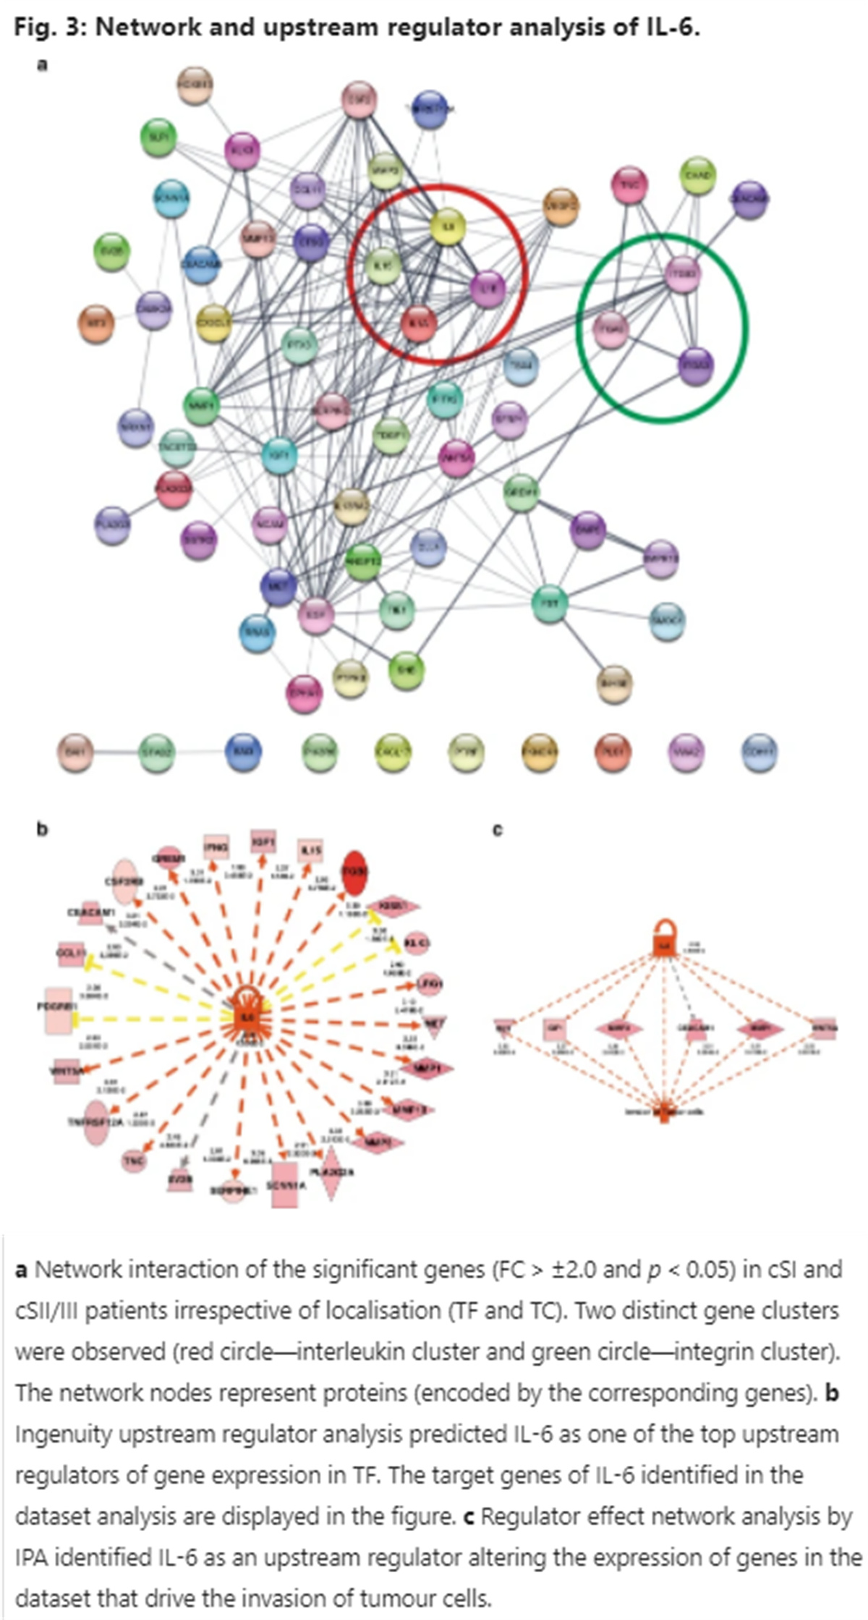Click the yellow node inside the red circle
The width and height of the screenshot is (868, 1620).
coord(447,227)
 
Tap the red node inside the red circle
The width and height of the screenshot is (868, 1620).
coord(419,325)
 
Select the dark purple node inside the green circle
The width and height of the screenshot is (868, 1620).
coord(695,365)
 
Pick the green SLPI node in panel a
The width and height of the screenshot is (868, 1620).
coord(158,137)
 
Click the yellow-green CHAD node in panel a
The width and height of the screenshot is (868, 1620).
coord(698,177)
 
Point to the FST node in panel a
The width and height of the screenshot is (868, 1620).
coord(550,603)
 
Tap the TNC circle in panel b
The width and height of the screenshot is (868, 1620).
coord(134,1161)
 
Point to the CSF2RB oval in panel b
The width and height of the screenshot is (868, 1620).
coord(124,882)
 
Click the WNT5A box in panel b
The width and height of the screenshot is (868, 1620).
coord(66,1072)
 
